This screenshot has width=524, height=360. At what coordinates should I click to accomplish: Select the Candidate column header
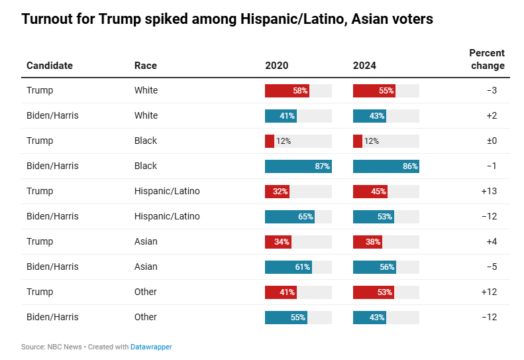(50, 66)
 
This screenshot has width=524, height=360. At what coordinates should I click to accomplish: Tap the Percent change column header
(487, 59)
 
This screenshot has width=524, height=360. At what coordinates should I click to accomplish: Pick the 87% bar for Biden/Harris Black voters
(298, 166)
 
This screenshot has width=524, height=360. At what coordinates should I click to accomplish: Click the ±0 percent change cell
(491, 141)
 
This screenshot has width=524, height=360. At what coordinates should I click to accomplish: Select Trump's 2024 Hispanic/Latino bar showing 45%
(370, 192)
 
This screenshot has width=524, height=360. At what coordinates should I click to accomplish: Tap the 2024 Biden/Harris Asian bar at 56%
(374, 267)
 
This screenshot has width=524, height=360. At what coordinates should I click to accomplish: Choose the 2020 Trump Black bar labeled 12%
(270, 141)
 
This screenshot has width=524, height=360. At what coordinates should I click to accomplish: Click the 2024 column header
(364, 66)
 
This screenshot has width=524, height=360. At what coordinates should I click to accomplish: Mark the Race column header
(146, 66)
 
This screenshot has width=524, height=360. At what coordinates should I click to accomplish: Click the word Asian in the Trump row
(146, 242)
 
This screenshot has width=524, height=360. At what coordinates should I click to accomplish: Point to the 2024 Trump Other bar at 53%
(374, 292)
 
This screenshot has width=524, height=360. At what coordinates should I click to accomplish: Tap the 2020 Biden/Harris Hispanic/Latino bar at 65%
(289, 217)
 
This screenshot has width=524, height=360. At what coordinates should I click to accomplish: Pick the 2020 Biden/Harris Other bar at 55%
(286, 318)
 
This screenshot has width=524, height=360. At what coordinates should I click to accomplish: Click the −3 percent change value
(492, 91)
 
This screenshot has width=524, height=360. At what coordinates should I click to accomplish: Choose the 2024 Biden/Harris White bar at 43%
(370, 116)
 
